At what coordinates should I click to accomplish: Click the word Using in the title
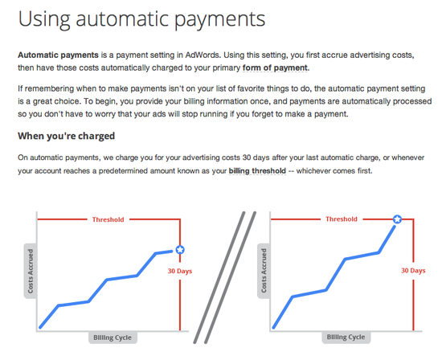pyautogui.click(x=44, y=19)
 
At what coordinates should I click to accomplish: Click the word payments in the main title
pyautogui.click(x=219, y=20)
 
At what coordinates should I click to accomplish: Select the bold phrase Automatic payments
pyautogui.click(x=58, y=55)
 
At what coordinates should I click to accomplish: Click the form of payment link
pyautogui.click(x=276, y=68)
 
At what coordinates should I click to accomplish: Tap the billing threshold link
pyautogui.click(x=257, y=171)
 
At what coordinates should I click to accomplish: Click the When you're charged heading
pyautogui.click(x=66, y=136)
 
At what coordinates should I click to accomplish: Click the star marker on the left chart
pyautogui.click(x=180, y=249)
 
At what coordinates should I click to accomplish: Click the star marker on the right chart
pyautogui.click(x=397, y=219)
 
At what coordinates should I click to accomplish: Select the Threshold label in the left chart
pyautogui.click(x=108, y=219)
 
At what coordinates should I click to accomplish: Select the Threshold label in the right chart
pyautogui.click(x=342, y=219)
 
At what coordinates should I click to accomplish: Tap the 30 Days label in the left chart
pyautogui.click(x=180, y=271)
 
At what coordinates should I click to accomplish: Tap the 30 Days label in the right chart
pyautogui.click(x=413, y=271)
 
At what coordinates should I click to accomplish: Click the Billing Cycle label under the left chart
pyautogui.click(x=113, y=337)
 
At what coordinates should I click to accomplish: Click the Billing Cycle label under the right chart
pyautogui.click(x=346, y=337)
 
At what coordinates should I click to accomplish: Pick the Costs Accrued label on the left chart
pyautogui.click(x=31, y=271)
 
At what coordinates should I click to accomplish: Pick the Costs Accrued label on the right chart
pyautogui.click(x=264, y=271)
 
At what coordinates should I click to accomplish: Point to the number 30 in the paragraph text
pyautogui.click(x=247, y=157)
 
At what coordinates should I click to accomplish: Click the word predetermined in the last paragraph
pyautogui.click(x=123, y=171)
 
